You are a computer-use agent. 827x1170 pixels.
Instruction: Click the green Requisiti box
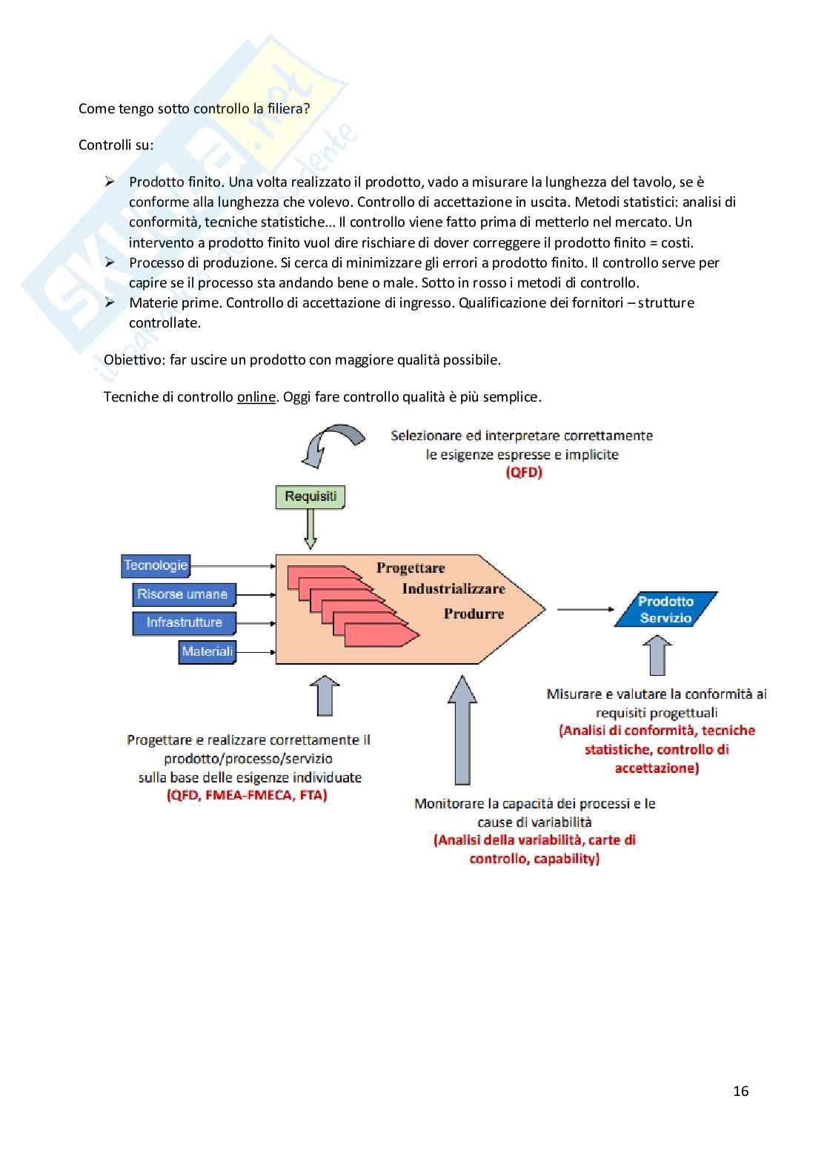pyautogui.click(x=310, y=496)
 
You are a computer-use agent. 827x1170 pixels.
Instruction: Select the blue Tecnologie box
pyautogui.click(x=156, y=565)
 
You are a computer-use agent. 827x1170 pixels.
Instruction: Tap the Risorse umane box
pyautogui.click(x=183, y=594)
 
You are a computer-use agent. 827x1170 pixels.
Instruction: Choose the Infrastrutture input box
pyautogui.click(x=184, y=622)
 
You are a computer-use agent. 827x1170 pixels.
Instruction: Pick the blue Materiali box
pyautogui.click(x=207, y=651)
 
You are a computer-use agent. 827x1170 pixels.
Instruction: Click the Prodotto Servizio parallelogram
pyautogui.click(x=665, y=609)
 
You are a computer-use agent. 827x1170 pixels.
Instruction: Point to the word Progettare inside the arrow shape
pyautogui.click(x=411, y=568)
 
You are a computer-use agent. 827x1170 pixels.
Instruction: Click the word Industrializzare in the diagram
pyautogui.click(x=454, y=589)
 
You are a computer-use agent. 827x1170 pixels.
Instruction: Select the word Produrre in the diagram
pyautogui.click(x=474, y=614)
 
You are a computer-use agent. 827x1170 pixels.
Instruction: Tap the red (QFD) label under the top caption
pyautogui.click(x=524, y=473)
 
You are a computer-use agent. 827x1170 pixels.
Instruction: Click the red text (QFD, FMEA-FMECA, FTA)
pyautogui.click(x=247, y=796)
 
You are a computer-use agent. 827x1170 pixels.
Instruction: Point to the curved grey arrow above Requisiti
pyautogui.click(x=333, y=442)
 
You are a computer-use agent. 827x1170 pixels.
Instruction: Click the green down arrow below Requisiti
pyautogui.click(x=310, y=528)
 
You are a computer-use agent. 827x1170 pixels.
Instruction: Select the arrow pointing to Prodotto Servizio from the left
pyautogui.click(x=585, y=609)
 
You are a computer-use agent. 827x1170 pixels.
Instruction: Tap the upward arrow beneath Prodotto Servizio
pyautogui.click(x=657, y=656)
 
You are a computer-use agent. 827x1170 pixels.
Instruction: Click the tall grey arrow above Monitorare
pyautogui.click(x=462, y=729)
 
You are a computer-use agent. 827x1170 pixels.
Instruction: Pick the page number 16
pyautogui.click(x=740, y=1091)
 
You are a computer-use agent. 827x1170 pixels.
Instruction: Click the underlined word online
pyautogui.click(x=256, y=397)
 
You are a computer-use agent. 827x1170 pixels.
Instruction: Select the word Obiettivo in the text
pyautogui.click(x=134, y=360)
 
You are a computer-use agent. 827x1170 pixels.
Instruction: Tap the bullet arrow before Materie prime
pyautogui.click(x=110, y=302)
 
